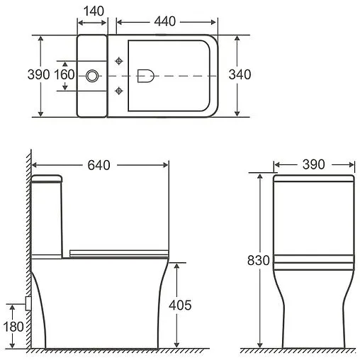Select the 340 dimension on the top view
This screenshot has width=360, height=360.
[240, 74]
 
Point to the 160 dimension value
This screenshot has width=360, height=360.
[64, 74]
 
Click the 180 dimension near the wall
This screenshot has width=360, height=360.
[13, 327]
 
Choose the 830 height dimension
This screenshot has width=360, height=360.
[259, 260]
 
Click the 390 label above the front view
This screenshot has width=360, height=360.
[313, 164]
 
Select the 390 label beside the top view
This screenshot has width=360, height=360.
[39, 74]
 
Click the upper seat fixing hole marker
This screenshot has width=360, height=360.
[119, 60]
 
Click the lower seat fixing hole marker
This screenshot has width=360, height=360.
[119, 89]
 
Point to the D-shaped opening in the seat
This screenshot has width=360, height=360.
[147, 74]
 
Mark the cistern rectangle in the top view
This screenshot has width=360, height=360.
[92, 75]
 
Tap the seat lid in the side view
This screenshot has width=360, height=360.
[120, 250]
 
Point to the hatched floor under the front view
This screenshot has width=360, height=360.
[298, 352]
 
